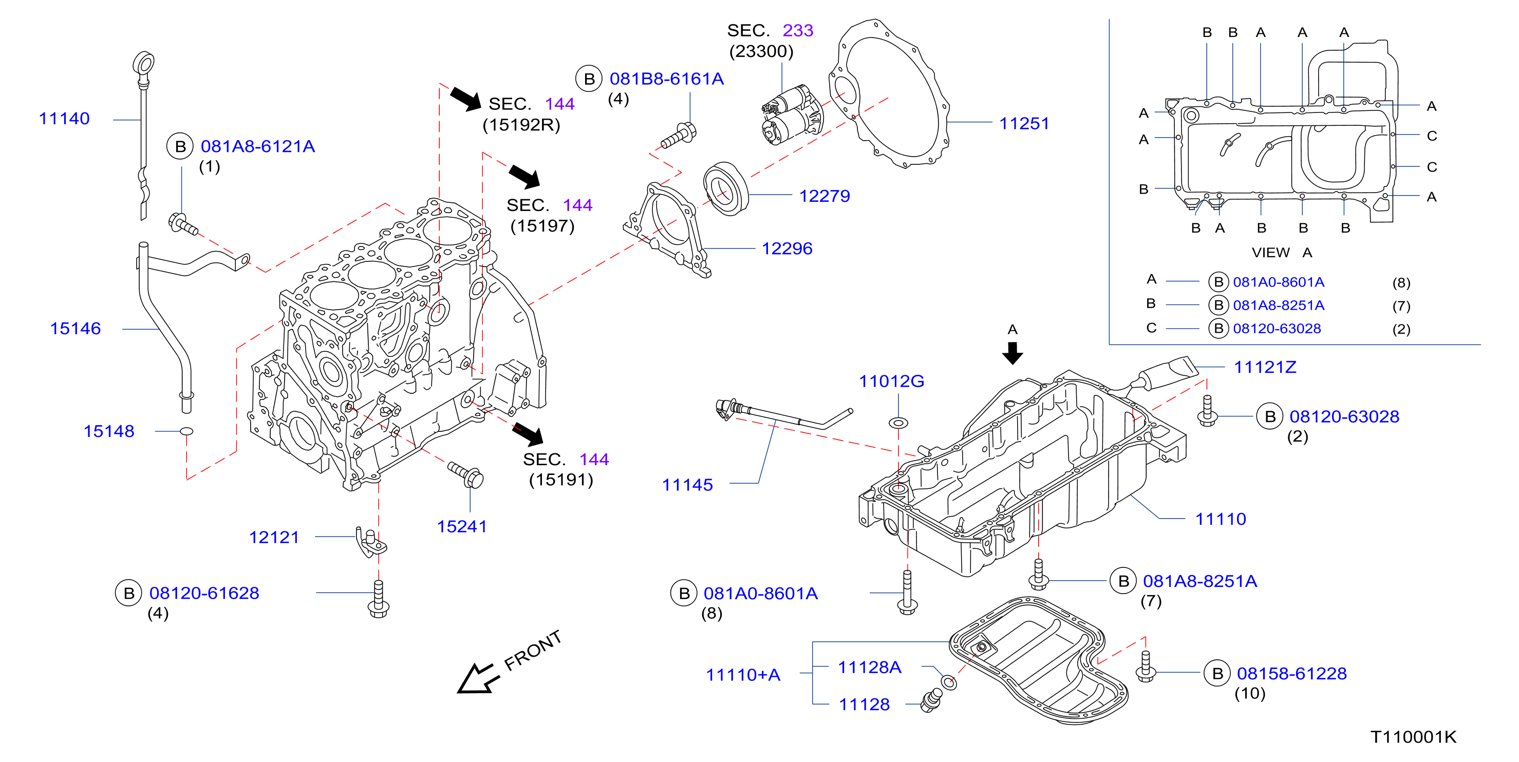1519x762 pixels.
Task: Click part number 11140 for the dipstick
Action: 64,119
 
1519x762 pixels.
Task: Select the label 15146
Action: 76,328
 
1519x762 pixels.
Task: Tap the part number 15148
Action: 109,431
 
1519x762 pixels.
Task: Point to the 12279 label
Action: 824,196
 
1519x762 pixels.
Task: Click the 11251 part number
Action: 1024,123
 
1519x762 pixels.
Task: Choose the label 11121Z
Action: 1265,367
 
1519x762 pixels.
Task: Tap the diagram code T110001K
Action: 1414,737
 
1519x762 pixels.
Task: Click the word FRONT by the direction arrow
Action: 533,650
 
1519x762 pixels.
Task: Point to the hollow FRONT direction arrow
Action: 478,679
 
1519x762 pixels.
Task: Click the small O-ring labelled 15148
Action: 186,431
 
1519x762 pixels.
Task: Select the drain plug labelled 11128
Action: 932,701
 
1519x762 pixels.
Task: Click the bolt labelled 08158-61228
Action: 1146,666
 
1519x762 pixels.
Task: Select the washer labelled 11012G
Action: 898,423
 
